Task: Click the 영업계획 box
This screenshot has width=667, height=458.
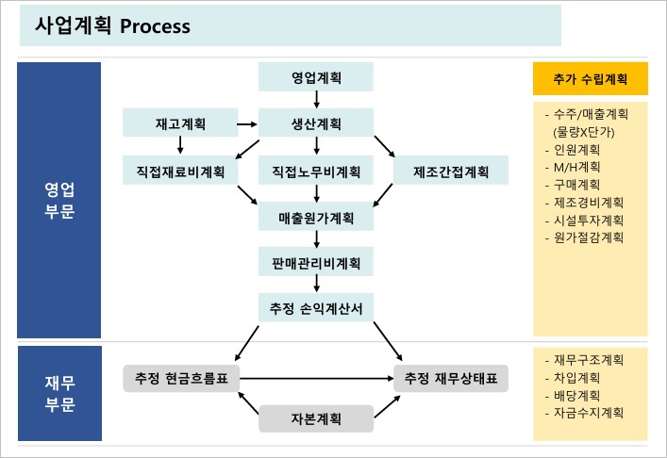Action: point(316,77)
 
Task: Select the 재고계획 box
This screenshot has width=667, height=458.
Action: point(179,123)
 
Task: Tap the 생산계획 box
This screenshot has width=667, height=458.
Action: point(316,123)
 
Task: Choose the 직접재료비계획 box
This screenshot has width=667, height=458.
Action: point(179,171)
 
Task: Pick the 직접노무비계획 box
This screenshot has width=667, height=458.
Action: point(316,171)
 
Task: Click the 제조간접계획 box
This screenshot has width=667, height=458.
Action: point(451,171)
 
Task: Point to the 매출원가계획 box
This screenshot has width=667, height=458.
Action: point(316,218)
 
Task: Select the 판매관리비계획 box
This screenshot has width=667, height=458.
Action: point(316,262)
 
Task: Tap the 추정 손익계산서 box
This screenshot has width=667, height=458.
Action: point(316,307)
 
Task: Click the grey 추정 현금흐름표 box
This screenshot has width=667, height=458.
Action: point(181,378)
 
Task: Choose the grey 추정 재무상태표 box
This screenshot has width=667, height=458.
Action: point(451,378)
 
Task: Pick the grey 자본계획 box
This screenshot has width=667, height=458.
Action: point(316,417)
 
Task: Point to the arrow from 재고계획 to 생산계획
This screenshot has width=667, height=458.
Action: point(248,123)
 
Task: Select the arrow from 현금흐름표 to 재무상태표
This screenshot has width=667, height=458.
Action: point(316,378)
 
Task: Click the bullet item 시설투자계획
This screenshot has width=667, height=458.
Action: point(584,220)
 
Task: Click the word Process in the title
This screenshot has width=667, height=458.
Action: point(156,26)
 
